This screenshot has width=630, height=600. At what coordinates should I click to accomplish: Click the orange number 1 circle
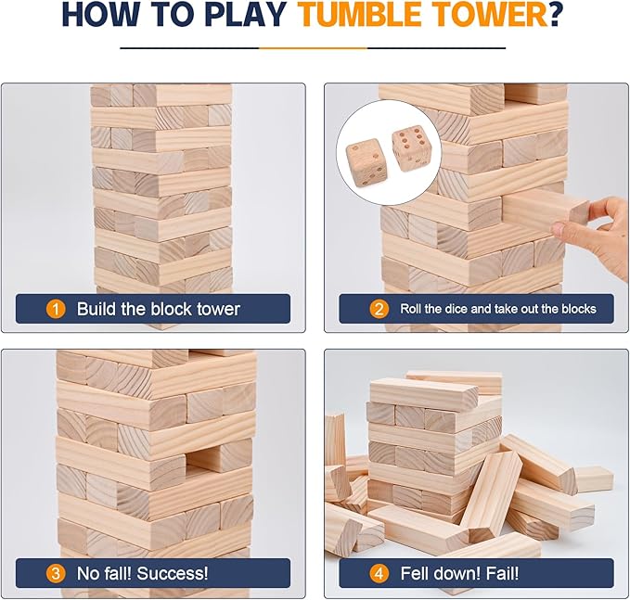pos(57,309)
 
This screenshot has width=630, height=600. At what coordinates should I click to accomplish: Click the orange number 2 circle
pos(379,309)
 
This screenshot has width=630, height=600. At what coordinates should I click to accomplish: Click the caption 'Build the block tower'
pos(158,309)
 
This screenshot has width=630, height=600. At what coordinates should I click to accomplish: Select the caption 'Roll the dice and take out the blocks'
pos(498,309)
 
